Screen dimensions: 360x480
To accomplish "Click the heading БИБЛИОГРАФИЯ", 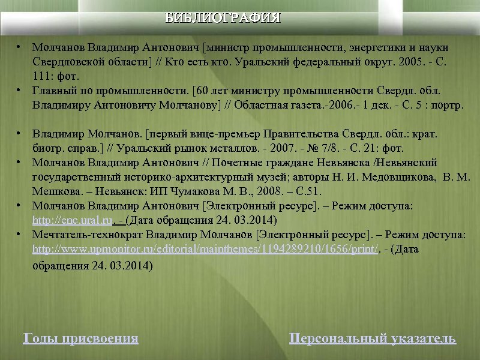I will click(223, 17).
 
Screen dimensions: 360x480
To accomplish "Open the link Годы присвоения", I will click(80, 338).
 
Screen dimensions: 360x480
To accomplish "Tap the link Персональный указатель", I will click(373, 338).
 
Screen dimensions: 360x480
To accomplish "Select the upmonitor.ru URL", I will click(205, 250).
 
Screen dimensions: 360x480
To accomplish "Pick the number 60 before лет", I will click(201, 91).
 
